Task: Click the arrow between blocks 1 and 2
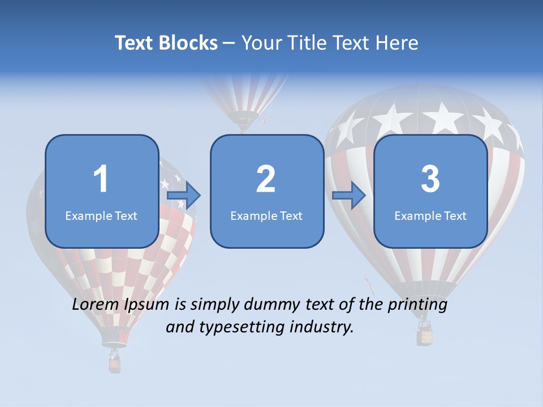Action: (x=184, y=196)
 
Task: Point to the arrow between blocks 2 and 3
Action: (x=349, y=196)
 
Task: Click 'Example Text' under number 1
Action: (x=101, y=215)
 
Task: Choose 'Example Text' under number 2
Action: (x=266, y=215)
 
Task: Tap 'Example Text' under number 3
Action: (x=430, y=215)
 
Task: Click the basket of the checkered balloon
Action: (x=115, y=364)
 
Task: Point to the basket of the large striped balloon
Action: (x=425, y=336)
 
